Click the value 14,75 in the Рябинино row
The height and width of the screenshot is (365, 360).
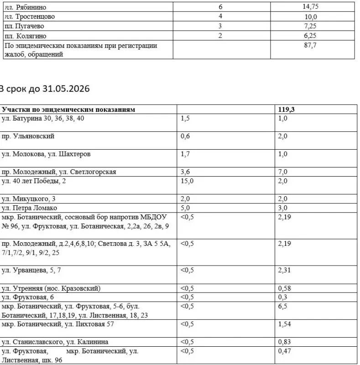[311, 7]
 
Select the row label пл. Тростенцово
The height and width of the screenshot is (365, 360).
[29, 17]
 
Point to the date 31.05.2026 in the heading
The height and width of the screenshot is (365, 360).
[66, 89]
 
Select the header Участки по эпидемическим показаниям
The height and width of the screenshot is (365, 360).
[68, 109]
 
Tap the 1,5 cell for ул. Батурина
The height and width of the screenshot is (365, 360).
[185, 118]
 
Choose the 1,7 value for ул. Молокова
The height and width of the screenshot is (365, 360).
[185, 154]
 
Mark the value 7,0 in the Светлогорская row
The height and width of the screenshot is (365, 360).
[282, 172]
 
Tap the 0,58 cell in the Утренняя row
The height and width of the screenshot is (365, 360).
[284, 288]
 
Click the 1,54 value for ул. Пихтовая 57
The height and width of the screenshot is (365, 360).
[284, 324]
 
